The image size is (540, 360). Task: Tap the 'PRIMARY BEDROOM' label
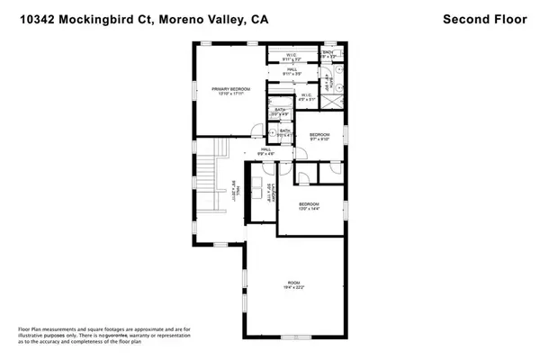click(230, 90)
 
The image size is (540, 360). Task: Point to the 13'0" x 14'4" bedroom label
click(310, 206)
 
